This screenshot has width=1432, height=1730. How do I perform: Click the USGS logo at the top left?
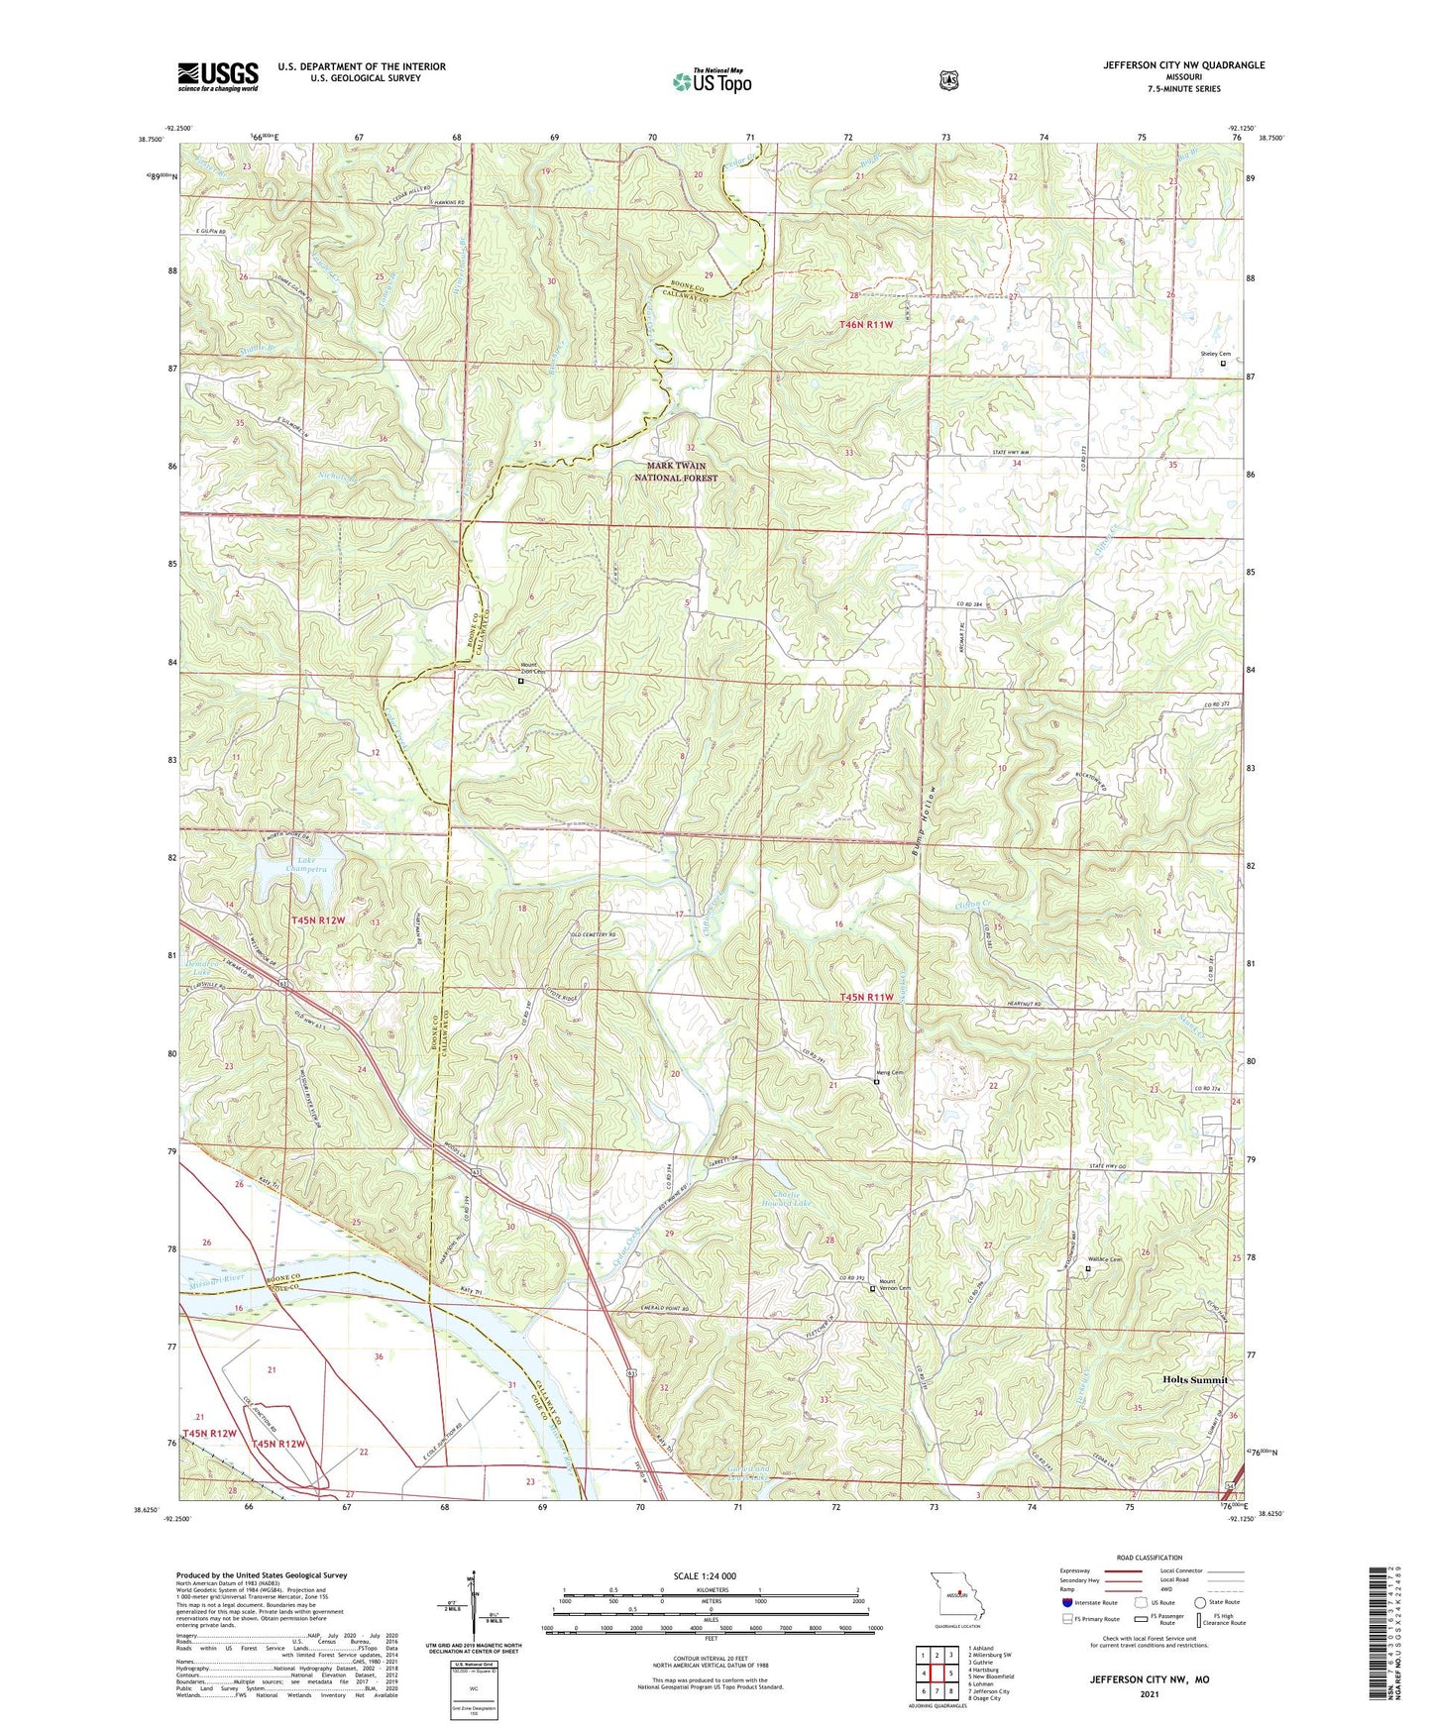pos(218,76)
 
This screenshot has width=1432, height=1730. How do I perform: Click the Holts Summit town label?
pos(1194,1379)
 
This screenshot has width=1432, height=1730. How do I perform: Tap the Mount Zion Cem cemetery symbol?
pos(520,681)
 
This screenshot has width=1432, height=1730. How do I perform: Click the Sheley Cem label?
pos(1215,354)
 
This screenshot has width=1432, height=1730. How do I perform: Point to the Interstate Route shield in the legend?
pos(1067,1602)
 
